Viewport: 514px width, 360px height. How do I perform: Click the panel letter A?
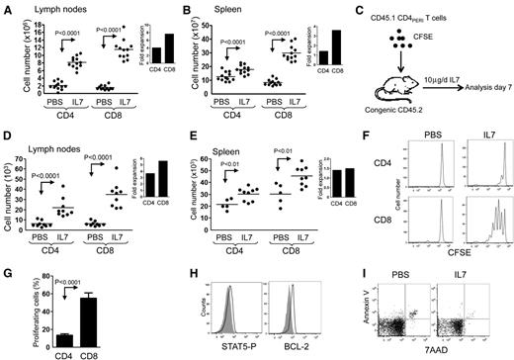tap(8, 9)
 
